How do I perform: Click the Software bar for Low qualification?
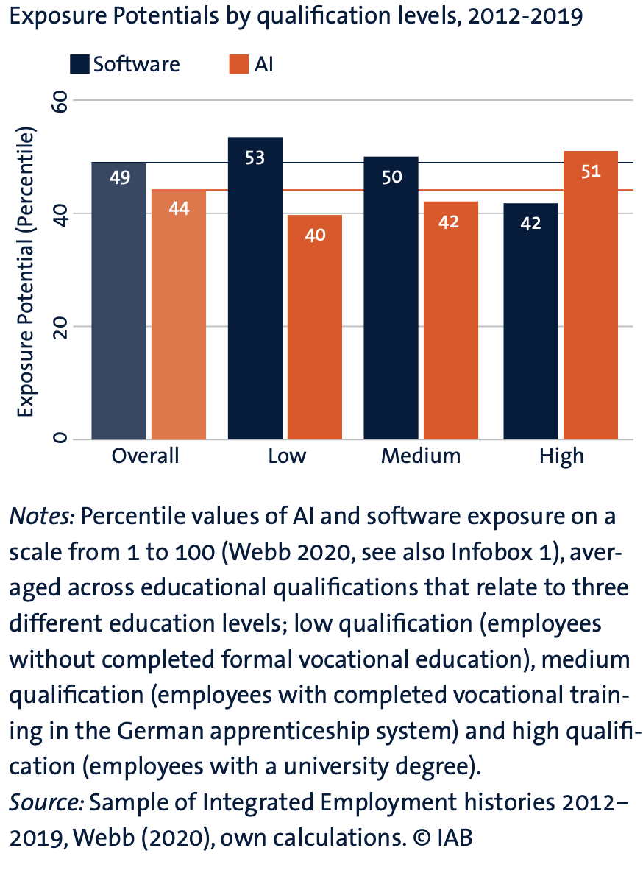pyautogui.click(x=255, y=294)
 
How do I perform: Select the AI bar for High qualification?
pyautogui.click(x=590, y=302)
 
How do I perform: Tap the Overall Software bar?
pyautogui.click(x=118, y=309)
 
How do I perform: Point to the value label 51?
pyautogui.click(x=590, y=171)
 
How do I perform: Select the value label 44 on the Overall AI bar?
pyautogui.click(x=179, y=208)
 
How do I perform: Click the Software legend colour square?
pyautogui.click(x=79, y=64)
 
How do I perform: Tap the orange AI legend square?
pyautogui.click(x=239, y=64)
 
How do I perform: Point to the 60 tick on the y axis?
pyautogui.click(x=60, y=100)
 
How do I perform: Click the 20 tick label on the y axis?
pyautogui.click(x=60, y=326)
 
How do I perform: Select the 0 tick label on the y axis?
pyautogui.click(x=60, y=439)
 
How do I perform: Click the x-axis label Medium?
pyautogui.click(x=421, y=456)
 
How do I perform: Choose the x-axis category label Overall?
pyautogui.click(x=145, y=456)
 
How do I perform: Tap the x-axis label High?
pyautogui.click(x=561, y=456)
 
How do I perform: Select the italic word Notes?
pyautogui.click(x=41, y=517)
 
